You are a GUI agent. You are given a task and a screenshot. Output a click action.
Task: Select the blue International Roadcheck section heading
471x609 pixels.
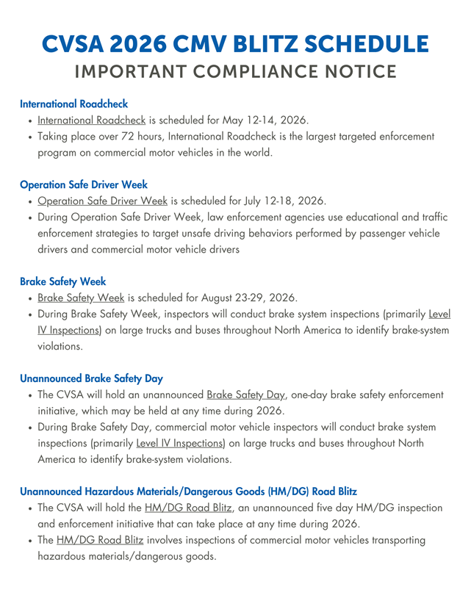click(74, 104)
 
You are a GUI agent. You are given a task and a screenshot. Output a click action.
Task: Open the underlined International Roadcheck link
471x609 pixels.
click(92, 120)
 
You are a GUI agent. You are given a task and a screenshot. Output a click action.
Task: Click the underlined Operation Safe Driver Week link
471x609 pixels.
click(103, 201)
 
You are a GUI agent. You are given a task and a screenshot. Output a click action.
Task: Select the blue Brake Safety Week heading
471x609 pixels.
click(63, 281)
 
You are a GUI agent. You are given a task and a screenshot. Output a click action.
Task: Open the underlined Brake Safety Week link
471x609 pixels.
click(81, 298)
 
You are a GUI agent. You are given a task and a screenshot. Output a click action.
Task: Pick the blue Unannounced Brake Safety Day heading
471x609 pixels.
click(91, 379)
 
